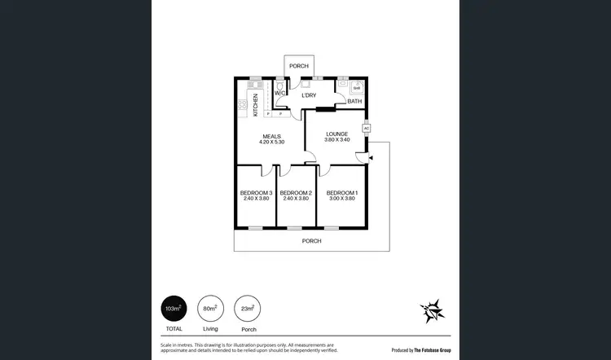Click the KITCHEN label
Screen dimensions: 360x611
[x=256, y=103]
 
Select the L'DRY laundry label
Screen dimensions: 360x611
[x=309, y=95]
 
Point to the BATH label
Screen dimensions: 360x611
[x=354, y=102]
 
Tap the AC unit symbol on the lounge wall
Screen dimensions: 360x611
[x=366, y=129]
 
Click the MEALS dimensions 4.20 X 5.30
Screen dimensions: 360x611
[x=272, y=143]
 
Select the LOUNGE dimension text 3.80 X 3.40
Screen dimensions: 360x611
[x=337, y=140]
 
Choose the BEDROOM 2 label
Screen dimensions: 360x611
[x=297, y=193]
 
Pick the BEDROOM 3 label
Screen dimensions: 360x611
[x=257, y=193]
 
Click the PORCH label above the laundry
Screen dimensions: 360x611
[x=299, y=65]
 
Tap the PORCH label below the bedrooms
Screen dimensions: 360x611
[x=311, y=241]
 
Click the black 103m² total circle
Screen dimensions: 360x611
[x=173, y=309]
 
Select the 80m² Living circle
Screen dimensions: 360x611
[x=209, y=309]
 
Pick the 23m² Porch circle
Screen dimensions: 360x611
[x=248, y=309]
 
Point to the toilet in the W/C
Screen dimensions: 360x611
[x=279, y=85]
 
